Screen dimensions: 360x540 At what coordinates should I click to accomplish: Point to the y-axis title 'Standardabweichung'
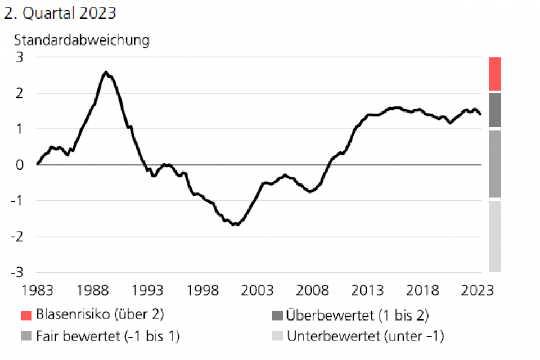click(x=82, y=40)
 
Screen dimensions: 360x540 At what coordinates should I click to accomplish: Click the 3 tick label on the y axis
click(x=20, y=57)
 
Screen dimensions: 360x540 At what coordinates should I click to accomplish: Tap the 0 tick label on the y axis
click(x=20, y=165)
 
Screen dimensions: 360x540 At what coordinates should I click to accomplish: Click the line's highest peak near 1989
click(x=106, y=72)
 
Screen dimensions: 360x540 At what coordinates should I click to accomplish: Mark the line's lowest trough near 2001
click(x=237, y=224)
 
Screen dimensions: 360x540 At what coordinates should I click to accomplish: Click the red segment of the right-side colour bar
click(x=495, y=74)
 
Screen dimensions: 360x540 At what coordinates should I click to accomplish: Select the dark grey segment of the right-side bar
click(x=495, y=110)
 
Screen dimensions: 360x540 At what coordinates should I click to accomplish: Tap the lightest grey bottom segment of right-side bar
click(x=495, y=236)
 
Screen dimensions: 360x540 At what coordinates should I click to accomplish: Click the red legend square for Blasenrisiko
click(x=25, y=314)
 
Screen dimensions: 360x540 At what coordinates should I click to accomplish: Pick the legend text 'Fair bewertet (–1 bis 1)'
click(x=108, y=336)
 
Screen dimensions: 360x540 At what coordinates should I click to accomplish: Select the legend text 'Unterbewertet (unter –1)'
click(x=366, y=336)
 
